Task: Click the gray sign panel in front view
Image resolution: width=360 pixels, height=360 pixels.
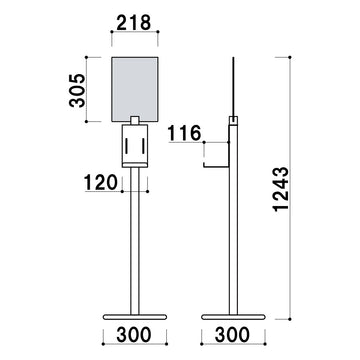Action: pos(135,88)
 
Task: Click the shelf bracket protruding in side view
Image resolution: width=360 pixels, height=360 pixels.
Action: pos(215,158)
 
